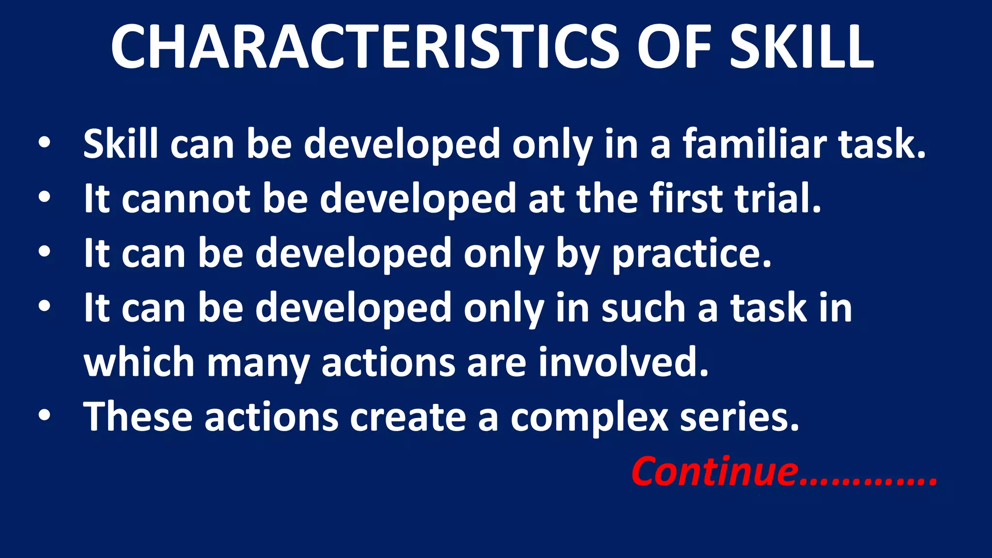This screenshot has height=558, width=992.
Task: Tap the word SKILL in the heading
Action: pos(802,47)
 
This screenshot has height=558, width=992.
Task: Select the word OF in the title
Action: pos(674,47)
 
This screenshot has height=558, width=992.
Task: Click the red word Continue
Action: pos(714,471)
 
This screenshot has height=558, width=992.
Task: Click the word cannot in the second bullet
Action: pos(186,199)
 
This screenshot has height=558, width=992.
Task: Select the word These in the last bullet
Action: pos(138,417)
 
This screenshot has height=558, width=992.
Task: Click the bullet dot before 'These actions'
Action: pos(45,416)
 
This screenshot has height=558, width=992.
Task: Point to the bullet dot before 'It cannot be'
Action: pos(45,198)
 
